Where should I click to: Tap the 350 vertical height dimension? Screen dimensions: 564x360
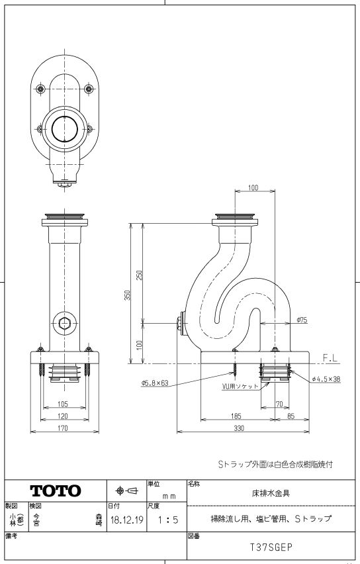click(127, 296)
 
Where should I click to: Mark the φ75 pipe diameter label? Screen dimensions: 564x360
click(302, 320)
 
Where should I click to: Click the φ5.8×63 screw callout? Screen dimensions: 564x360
click(155, 382)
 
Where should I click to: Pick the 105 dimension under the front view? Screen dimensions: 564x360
click(64, 402)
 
